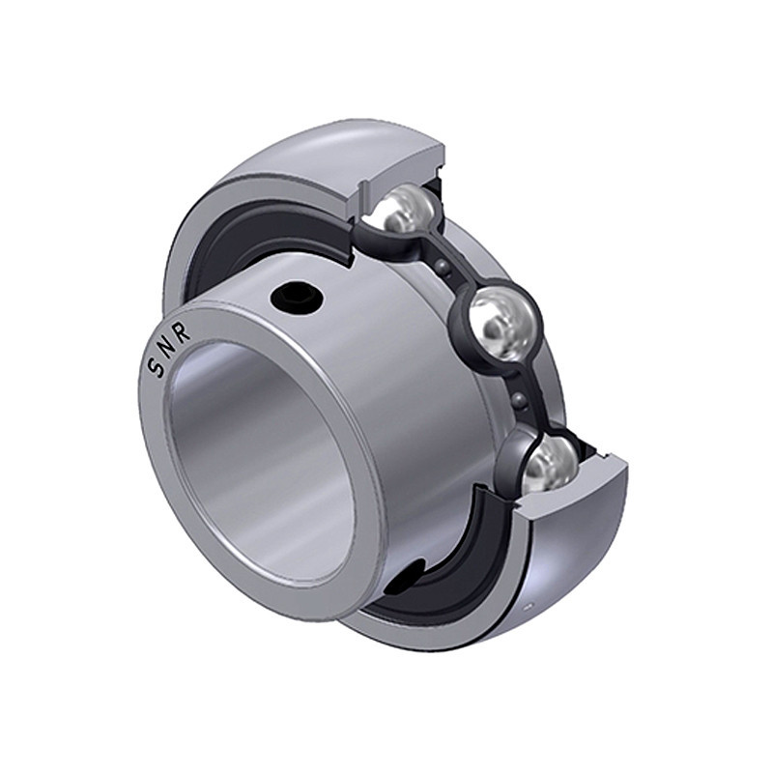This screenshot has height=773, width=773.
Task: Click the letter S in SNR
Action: pyautogui.click(x=156, y=369)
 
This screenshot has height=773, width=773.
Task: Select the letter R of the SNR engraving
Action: pyautogui.click(x=183, y=333)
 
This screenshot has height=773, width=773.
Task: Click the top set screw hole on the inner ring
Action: pyautogui.click(x=296, y=297)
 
